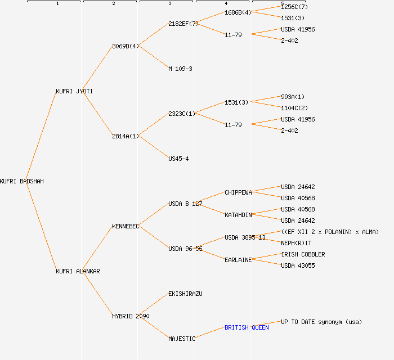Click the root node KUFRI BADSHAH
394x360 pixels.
[x=22, y=181]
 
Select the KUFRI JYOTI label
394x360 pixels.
[x=74, y=91]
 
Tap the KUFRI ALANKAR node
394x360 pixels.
[x=78, y=271]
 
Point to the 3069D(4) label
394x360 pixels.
[x=126, y=46]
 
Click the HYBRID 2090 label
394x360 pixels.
[x=131, y=316]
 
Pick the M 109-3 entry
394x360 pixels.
[x=180, y=69]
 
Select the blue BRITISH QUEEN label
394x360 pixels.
[x=247, y=327]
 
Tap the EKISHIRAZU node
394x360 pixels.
[x=185, y=294]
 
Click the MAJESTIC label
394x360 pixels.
[x=182, y=339]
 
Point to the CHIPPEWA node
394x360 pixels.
[x=238, y=192]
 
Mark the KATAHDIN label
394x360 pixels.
[x=238, y=215]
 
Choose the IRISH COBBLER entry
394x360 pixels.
[x=303, y=254]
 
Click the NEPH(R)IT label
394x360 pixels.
[x=296, y=243]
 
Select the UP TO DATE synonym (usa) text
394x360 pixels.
[x=321, y=322]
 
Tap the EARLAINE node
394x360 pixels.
[x=238, y=260]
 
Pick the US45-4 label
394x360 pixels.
[x=178, y=159]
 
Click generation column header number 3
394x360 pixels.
[x=169, y=4]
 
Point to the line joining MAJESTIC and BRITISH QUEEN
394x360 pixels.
[x=210, y=333]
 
